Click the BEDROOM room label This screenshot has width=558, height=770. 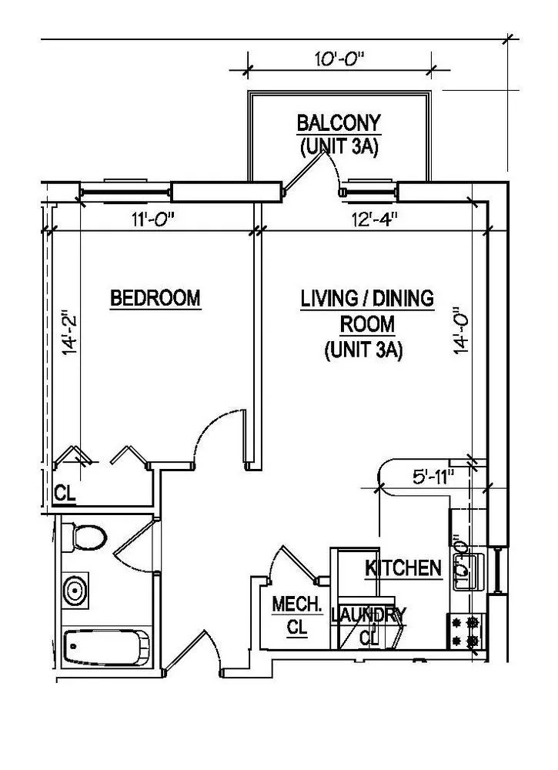tap(155, 297)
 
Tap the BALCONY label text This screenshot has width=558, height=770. tap(339, 123)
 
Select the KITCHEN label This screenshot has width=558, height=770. tap(403, 569)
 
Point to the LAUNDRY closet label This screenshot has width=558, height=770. tap(368, 615)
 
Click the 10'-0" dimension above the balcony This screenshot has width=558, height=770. tap(339, 59)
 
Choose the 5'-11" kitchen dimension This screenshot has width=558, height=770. tap(429, 477)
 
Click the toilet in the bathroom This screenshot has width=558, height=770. tap(83, 536)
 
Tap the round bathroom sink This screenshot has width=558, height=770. tap(75, 591)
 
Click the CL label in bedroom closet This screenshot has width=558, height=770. tap(65, 494)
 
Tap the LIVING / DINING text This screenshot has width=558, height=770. tap(367, 297)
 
